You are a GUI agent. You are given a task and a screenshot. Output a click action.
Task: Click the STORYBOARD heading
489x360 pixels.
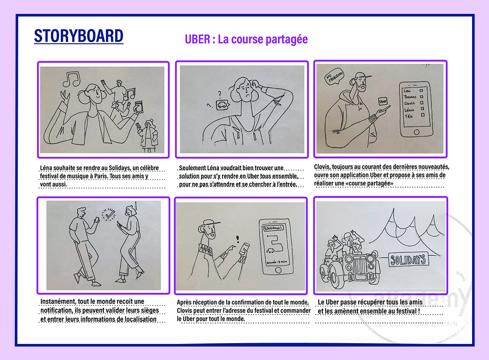pyautogui.click(x=79, y=36)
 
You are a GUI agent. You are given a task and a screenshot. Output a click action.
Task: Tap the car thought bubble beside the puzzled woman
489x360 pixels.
pyautogui.click(x=221, y=105)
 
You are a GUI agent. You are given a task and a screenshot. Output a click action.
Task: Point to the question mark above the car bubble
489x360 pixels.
pyautogui.click(x=220, y=93)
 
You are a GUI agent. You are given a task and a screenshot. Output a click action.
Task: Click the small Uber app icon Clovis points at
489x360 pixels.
pyautogui.click(x=383, y=101)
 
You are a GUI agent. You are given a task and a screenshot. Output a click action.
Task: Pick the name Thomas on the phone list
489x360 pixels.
pyautogui.click(x=410, y=97)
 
